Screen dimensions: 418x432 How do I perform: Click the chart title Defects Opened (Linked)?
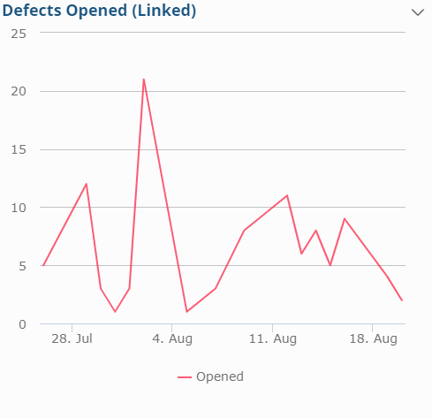coord(100,11)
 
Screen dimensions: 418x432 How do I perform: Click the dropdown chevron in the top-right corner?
coord(418,11)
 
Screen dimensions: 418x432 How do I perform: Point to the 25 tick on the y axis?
coord(19,34)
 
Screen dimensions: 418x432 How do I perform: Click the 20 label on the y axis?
coord(19,91)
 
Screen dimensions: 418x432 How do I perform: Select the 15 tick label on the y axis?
coord(19,149)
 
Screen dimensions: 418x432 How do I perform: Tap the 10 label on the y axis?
coord(19,208)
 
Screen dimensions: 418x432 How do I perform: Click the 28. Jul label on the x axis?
coord(72,338)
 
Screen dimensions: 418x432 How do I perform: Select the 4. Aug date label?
coord(172,338)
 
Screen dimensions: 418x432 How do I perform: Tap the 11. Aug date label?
coord(273,338)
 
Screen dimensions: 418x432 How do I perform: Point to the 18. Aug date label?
coord(374,338)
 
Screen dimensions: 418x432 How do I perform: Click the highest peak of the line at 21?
coord(143,80)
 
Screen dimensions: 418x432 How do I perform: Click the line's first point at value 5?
coord(43,265)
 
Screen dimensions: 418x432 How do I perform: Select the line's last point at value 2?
coord(402,300)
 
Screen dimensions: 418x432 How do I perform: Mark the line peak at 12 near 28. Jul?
coord(87,184)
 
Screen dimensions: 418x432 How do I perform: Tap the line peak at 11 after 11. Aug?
coord(287,195)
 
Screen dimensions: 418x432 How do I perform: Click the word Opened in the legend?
coord(220,376)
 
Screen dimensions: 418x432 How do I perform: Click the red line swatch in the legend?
coord(185,377)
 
